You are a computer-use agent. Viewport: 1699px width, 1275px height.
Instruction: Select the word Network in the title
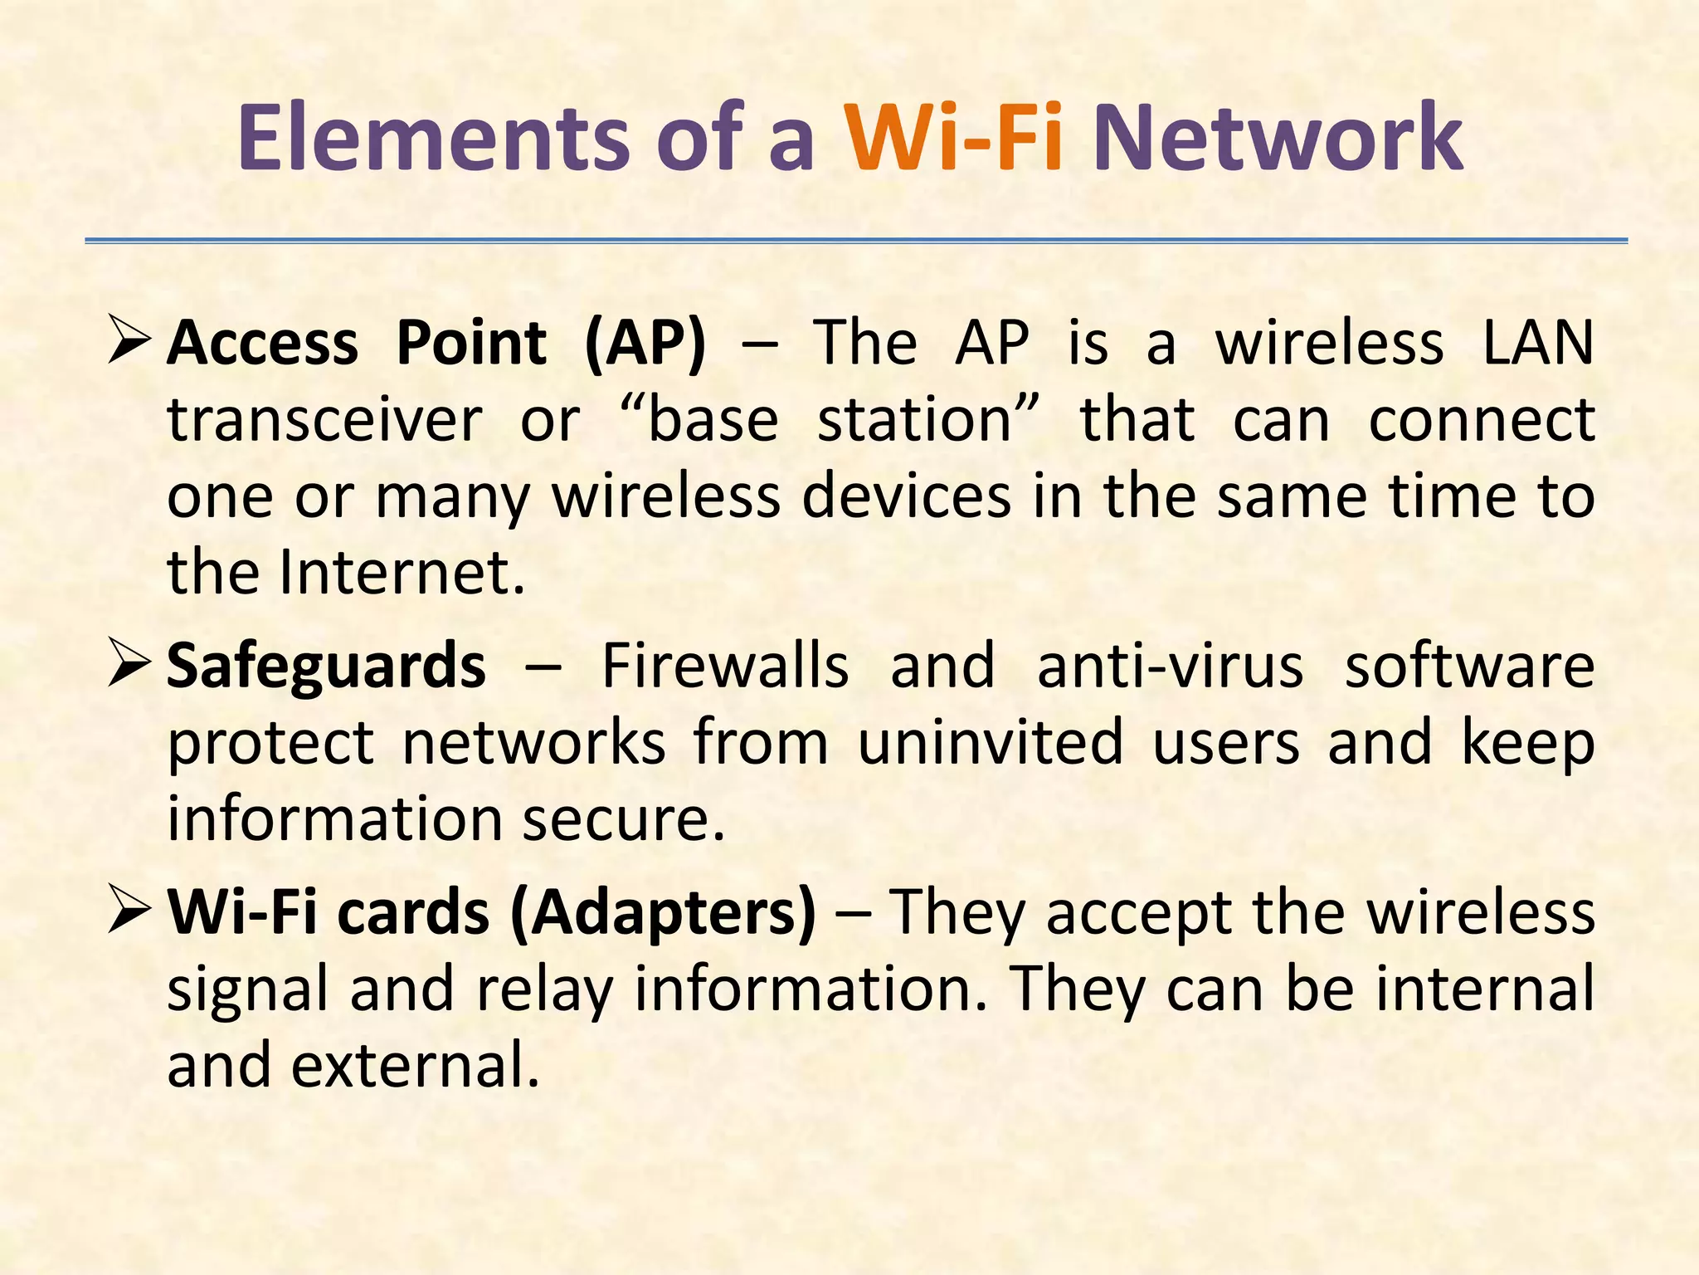tap(1278, 137)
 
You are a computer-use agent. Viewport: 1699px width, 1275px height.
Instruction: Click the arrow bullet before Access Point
tap(129, 343)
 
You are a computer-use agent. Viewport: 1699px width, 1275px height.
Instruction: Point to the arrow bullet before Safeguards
tap(129, 667)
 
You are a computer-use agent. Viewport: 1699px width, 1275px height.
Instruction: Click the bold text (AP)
tap(645, 343)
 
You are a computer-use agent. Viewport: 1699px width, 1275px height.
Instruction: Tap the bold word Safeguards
tap(326, 667)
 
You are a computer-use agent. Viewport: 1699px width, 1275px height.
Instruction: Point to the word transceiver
tap(324, 420)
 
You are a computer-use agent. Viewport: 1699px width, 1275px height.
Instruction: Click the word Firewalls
tap(725, 667)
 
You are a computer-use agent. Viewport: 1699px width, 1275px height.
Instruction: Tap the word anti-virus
tap(1170, 667)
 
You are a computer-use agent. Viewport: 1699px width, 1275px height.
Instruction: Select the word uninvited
tap(991, 742)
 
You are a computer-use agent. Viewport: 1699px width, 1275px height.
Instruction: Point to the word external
tap(415, 1066)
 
